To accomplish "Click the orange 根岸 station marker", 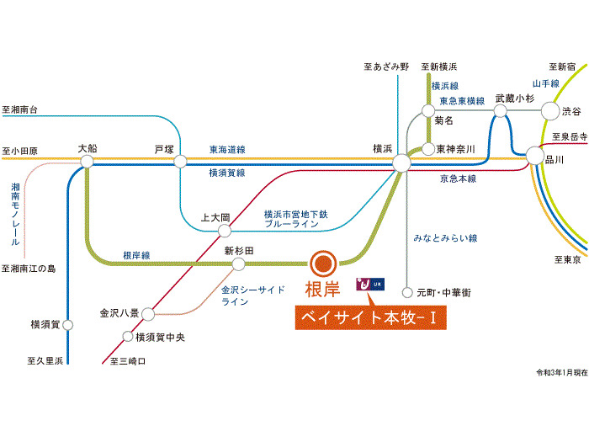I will pos(323,264).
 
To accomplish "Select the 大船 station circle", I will pos(87,161).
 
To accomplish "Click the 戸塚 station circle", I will pos(179,161).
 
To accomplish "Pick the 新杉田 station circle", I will pos(239,264).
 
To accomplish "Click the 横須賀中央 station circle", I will pos(128,337).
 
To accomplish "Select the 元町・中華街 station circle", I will pos(407,293).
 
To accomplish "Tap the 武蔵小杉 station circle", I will pos(501,110).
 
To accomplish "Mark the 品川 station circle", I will pos(534,156).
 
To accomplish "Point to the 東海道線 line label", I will pos(227,149).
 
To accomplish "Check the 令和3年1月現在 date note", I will pos(560,371).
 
